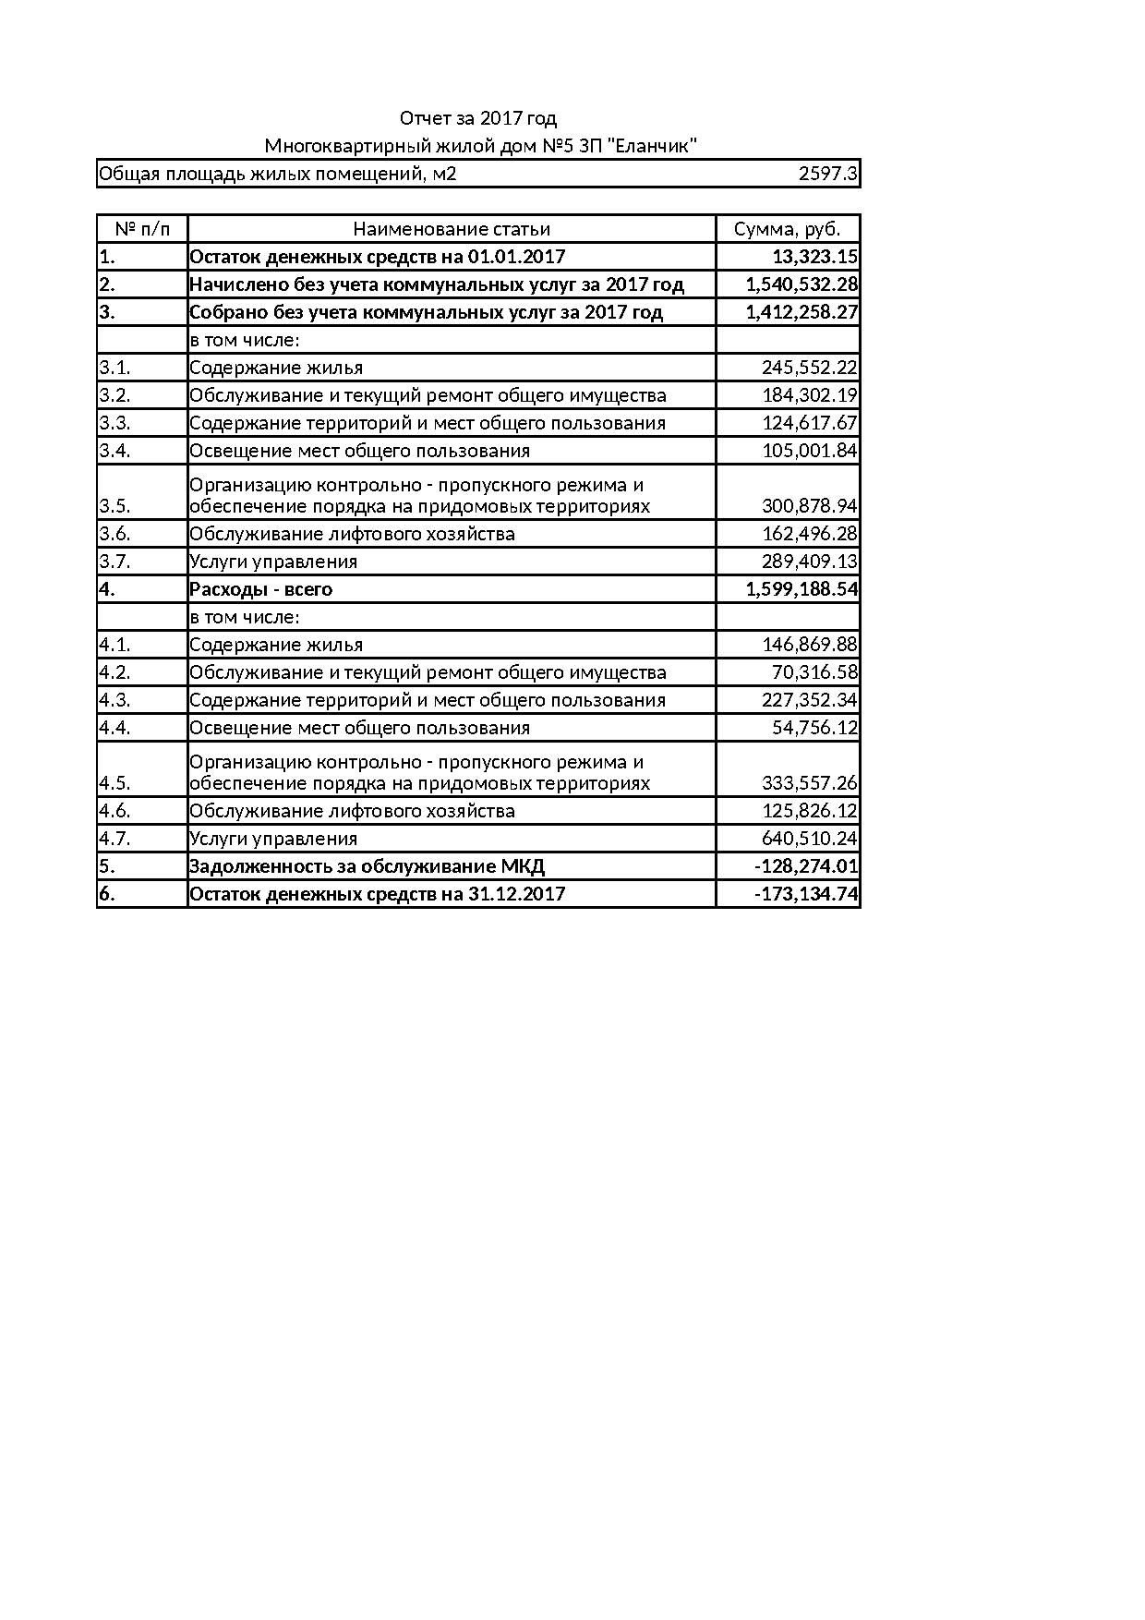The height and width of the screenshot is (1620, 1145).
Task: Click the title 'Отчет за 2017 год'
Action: point(477,118)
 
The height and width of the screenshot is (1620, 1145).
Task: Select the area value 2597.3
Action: point(828,174)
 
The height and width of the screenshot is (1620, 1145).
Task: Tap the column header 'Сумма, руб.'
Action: point(787,229)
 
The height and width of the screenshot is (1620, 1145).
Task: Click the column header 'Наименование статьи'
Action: point(452,229)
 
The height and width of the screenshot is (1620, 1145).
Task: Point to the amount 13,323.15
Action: point(814,257)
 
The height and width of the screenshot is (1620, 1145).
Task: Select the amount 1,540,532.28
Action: point(801,284)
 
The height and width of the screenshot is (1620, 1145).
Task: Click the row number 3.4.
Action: point(115,451)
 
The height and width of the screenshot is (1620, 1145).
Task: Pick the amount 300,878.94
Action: point(809,506)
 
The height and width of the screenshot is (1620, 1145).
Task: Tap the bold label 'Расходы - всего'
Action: point(260,589)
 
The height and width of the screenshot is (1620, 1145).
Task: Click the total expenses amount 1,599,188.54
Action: point(801,589)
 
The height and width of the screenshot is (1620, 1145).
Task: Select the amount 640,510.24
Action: point(809,839)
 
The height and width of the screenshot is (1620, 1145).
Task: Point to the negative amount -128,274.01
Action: point(806,866)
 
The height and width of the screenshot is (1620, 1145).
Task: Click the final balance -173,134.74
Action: point(806,894)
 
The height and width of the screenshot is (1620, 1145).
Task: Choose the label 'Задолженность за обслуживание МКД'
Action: point(367,866)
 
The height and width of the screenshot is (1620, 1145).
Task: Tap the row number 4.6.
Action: point(115,811)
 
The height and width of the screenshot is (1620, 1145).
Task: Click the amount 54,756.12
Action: point(814,728)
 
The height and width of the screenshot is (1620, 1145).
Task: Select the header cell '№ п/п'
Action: point(142,229)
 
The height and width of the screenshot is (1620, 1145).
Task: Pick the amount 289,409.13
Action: point(809,562)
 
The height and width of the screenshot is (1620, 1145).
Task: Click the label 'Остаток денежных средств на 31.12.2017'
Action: point(377,894)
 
